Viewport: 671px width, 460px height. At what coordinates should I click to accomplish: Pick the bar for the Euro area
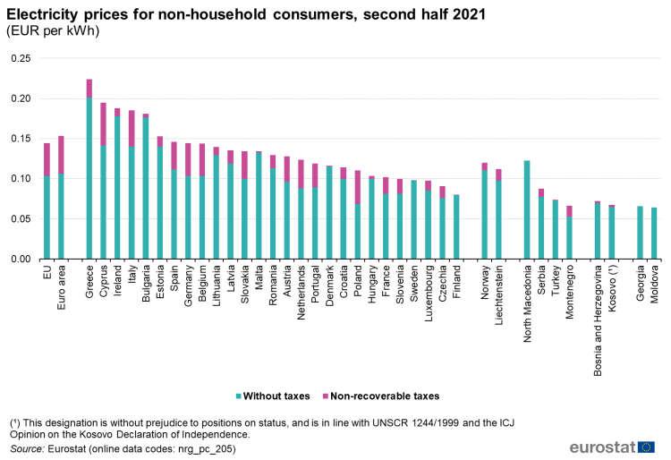(x=61, y=198)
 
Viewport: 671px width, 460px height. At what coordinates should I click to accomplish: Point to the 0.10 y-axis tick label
(x=19, y=179)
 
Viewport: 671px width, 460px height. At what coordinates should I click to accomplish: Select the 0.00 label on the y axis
(x=19, y=260)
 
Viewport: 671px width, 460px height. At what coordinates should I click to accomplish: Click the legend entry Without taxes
(x=268, y=396)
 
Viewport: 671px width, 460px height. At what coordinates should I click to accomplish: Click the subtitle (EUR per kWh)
(x=53, y=30)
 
